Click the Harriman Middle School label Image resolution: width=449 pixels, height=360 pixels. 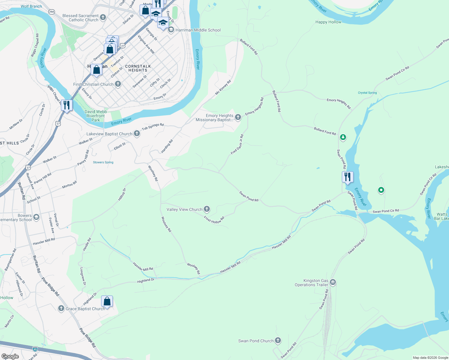pos(198,30)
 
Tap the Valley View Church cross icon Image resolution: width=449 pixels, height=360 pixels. pos(207,209)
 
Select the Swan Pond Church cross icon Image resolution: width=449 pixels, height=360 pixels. pos(278,340)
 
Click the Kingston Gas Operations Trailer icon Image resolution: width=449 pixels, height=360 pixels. pos(333,282)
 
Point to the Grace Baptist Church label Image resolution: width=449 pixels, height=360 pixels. pos(85,309)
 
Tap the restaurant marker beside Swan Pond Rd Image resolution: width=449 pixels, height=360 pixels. pos(348,177)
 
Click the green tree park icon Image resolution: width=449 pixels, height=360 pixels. pos(343,137)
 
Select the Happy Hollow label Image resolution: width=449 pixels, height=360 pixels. pos(328,22)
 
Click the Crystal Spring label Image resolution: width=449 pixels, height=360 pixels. pos(367,93)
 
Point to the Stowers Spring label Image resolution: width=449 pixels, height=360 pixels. pos(103,162)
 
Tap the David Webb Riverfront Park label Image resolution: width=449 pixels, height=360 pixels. pos(96,116)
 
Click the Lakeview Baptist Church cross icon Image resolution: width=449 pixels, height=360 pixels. pos(137,133)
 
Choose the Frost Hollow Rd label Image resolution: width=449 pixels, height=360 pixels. pos(214,220)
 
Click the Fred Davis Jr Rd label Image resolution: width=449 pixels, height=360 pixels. pos(237,145)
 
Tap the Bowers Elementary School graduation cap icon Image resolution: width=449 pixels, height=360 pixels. pos(36,217)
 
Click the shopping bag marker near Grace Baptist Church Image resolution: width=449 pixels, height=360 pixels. pos(107,301)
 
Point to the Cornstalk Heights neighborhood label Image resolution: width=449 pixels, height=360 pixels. pos(138,68)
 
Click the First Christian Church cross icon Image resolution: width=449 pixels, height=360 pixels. pos(118,84)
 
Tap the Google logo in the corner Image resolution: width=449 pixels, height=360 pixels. pos(10,356)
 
